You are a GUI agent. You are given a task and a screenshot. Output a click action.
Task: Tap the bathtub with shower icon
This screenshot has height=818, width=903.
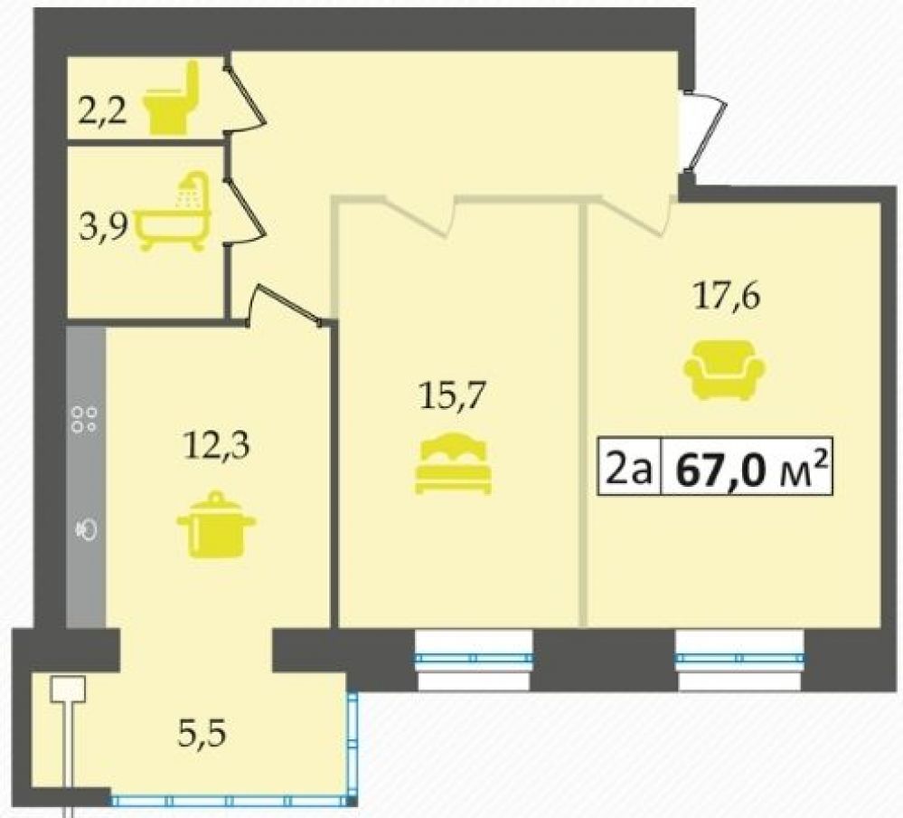coord(173,212)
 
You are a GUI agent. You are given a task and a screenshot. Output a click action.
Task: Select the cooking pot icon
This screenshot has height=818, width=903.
coord(216,525)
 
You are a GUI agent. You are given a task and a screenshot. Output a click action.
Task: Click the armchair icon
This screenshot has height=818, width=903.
coord(724,369)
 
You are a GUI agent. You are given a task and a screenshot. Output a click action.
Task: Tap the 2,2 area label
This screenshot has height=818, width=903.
coord(102,112)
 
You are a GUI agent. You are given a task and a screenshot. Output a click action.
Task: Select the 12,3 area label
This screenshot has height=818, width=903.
coord(217,445)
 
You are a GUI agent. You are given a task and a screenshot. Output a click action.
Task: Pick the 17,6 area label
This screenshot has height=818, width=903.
coord(728,298)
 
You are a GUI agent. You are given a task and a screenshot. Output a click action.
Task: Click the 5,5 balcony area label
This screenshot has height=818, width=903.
coord(202,735)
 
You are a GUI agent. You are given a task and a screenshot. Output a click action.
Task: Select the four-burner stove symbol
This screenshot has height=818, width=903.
coord(84,419)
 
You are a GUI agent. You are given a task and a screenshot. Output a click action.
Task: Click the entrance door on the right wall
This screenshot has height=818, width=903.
coord(705,131)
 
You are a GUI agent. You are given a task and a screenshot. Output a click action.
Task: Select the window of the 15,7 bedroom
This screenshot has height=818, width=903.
coord(474,659)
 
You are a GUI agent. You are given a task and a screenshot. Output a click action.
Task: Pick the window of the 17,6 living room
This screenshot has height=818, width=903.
coord(740,659)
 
